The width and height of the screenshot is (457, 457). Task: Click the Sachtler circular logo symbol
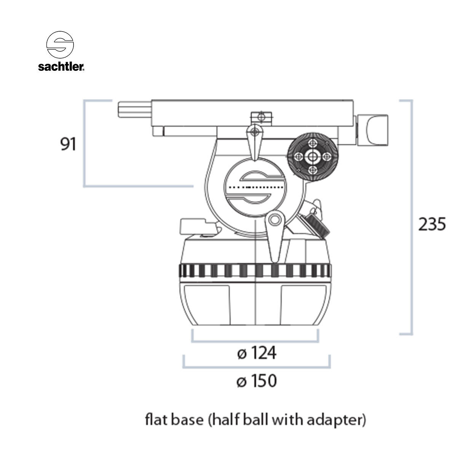pos(60,44)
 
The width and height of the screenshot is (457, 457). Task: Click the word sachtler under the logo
pos(61,67)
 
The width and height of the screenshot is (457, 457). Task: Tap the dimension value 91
pos(69,145)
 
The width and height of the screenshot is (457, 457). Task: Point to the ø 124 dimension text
pos(256,353)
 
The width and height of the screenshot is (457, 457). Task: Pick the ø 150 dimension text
pos(256,381)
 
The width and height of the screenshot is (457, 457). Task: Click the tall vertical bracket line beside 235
pos(411,217)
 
